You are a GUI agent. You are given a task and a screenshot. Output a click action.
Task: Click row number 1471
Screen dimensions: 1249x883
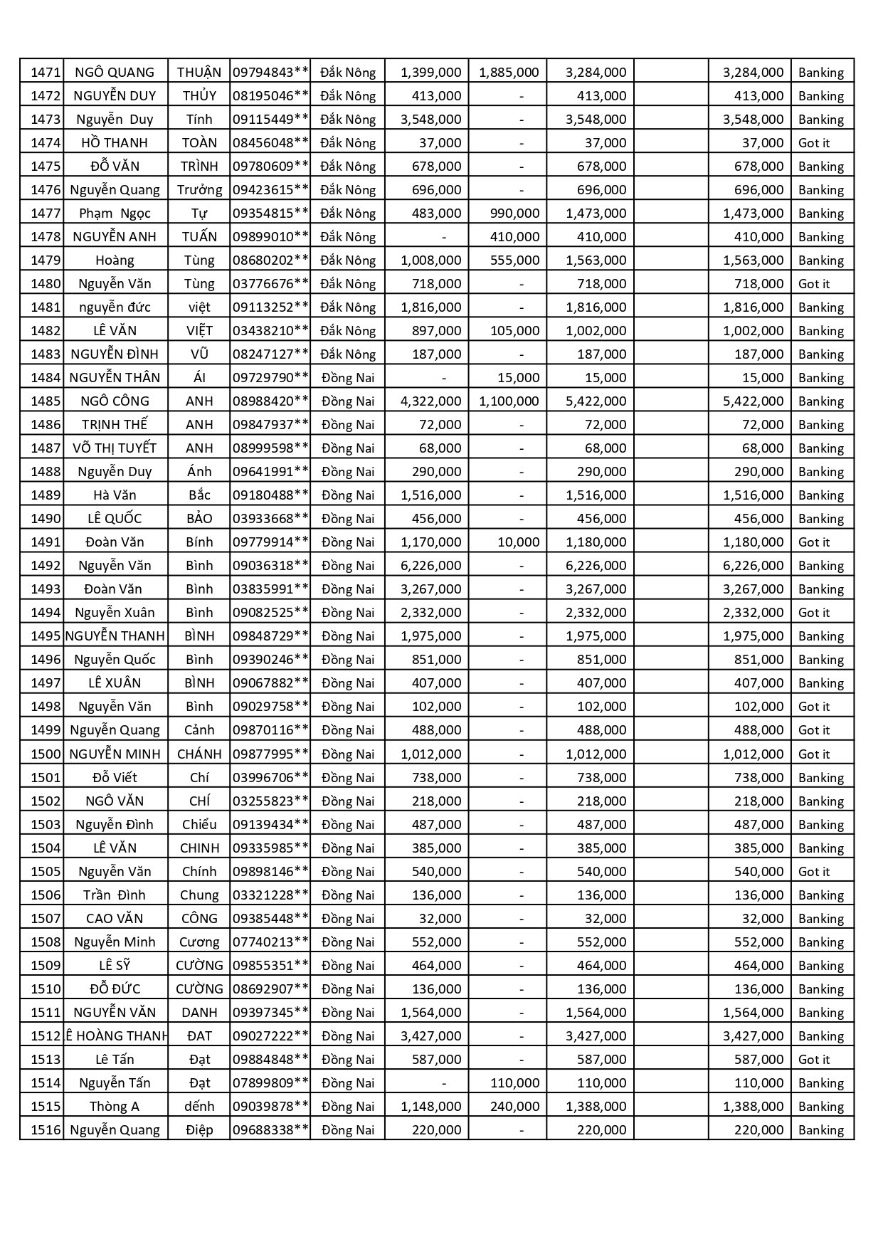[x=46, y=72]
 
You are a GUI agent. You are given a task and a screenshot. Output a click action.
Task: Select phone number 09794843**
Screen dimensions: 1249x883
[x=270, y=72]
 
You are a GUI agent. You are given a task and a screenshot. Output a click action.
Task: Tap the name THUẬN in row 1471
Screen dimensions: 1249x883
[x=199, y=72]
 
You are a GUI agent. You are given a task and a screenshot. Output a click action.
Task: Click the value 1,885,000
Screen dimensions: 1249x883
[x=509, y=72]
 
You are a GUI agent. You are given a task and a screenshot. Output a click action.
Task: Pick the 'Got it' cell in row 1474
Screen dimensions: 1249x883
[x=814, y=142]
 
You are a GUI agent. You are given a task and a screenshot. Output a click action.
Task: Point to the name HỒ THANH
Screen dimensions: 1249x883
[x=115, y=142]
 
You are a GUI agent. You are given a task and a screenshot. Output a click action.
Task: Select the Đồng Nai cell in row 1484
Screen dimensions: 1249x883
[x=348, y=377]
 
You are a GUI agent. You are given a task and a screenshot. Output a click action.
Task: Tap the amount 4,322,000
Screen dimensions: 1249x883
[x=430, y=401]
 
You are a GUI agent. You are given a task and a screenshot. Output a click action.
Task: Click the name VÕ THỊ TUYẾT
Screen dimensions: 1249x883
[x=115, y=448]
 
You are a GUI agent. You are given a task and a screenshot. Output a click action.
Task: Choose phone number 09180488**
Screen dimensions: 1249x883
[x=270, y=495]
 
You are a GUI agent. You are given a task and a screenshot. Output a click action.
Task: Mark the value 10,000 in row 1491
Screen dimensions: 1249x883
[x=518, y=542]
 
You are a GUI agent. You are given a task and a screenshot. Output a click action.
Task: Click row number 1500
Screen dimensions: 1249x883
[x=46, y=754]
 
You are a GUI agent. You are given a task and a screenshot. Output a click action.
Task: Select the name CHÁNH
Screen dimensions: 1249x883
[x=199, y=754]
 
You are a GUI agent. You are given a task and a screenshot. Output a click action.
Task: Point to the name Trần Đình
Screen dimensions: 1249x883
[x=115, y=895]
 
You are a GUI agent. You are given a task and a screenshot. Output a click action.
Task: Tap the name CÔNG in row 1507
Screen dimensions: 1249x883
[x=199, y=918]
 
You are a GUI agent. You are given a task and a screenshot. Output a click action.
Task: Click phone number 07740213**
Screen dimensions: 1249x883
[x=270, y=942]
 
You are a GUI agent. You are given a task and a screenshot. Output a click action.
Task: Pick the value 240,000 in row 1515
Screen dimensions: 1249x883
[x=514, y=1106]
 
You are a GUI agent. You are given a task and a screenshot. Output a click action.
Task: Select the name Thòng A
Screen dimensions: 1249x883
[x=115, y=1106]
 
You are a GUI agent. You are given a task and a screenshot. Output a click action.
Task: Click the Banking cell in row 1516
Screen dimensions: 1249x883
[x=820, y=1129]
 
